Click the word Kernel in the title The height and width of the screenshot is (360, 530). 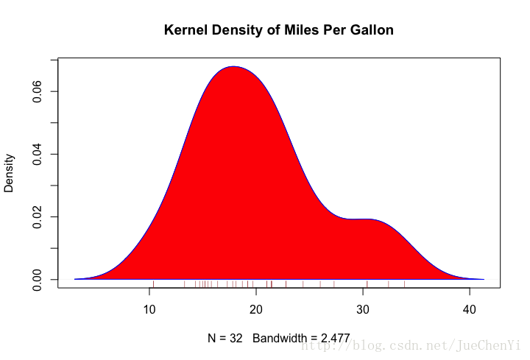tap(186, 30)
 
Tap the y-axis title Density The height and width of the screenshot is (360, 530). tap(10, 172)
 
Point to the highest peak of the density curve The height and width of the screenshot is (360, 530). tap(233, 66)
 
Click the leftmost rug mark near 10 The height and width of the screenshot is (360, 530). tap(153, 283)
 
